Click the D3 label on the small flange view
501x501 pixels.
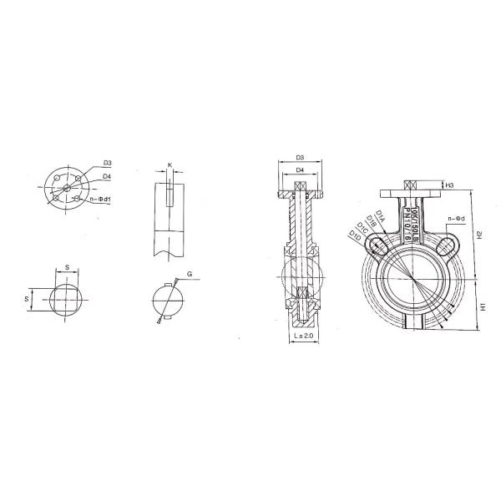coord(108,161)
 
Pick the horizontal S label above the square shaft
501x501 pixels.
coord(67,267)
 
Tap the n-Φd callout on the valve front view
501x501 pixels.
coord(456,219)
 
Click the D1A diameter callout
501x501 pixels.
coord(379,217)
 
